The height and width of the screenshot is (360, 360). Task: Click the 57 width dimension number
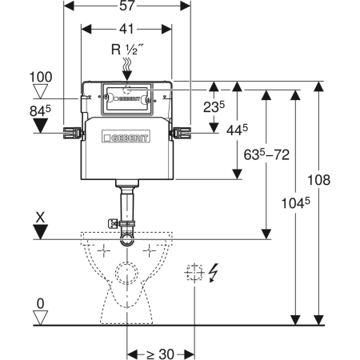126,6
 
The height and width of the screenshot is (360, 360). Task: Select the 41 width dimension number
126,29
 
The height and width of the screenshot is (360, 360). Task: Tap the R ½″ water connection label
127,50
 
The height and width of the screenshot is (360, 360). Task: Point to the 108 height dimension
319,180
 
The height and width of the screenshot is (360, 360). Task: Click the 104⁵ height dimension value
296,203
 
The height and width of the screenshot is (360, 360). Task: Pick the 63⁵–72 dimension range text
266,154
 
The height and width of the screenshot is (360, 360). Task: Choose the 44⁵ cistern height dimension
237,130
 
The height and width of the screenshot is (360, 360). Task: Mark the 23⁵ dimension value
214,107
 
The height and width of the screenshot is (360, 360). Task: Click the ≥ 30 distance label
160,354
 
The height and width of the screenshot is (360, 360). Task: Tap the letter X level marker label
40,218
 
